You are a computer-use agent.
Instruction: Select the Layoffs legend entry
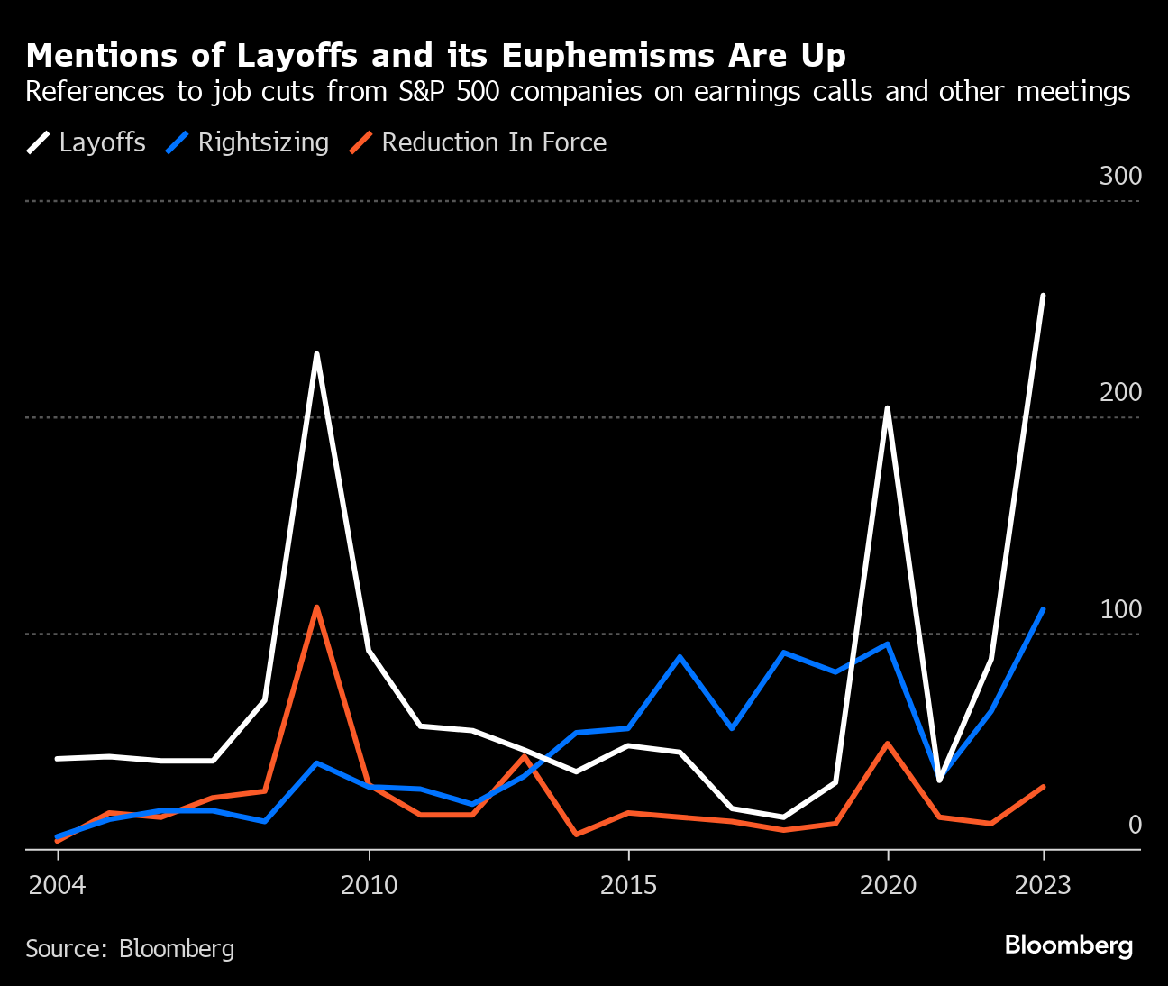[102, 142]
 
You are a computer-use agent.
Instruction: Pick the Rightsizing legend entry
[263, 142]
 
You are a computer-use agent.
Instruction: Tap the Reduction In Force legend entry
[494, 142]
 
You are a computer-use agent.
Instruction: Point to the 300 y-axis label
[1120, 176]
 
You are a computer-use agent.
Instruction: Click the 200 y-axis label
[1120, 392]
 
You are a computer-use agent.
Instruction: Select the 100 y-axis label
[1120, 609]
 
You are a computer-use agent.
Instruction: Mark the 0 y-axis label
[1134, 825]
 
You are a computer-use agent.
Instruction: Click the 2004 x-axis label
[58, 885]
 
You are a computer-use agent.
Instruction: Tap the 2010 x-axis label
[369, 885]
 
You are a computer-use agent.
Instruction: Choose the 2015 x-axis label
[628, 885]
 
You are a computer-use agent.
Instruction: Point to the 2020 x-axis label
[888, 885]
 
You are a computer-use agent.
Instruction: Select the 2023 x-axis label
[1043, 885]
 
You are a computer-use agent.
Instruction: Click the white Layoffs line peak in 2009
[316, 354]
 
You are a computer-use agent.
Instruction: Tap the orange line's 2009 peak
[316, 607]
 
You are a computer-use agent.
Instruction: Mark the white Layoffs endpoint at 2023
[1043, 296]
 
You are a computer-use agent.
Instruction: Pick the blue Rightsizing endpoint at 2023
[1043, 610]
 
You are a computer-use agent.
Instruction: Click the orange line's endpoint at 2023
[1043, 787]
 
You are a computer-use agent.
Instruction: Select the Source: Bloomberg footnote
[130, 948]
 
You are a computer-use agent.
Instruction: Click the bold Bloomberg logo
[1068, 945]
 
